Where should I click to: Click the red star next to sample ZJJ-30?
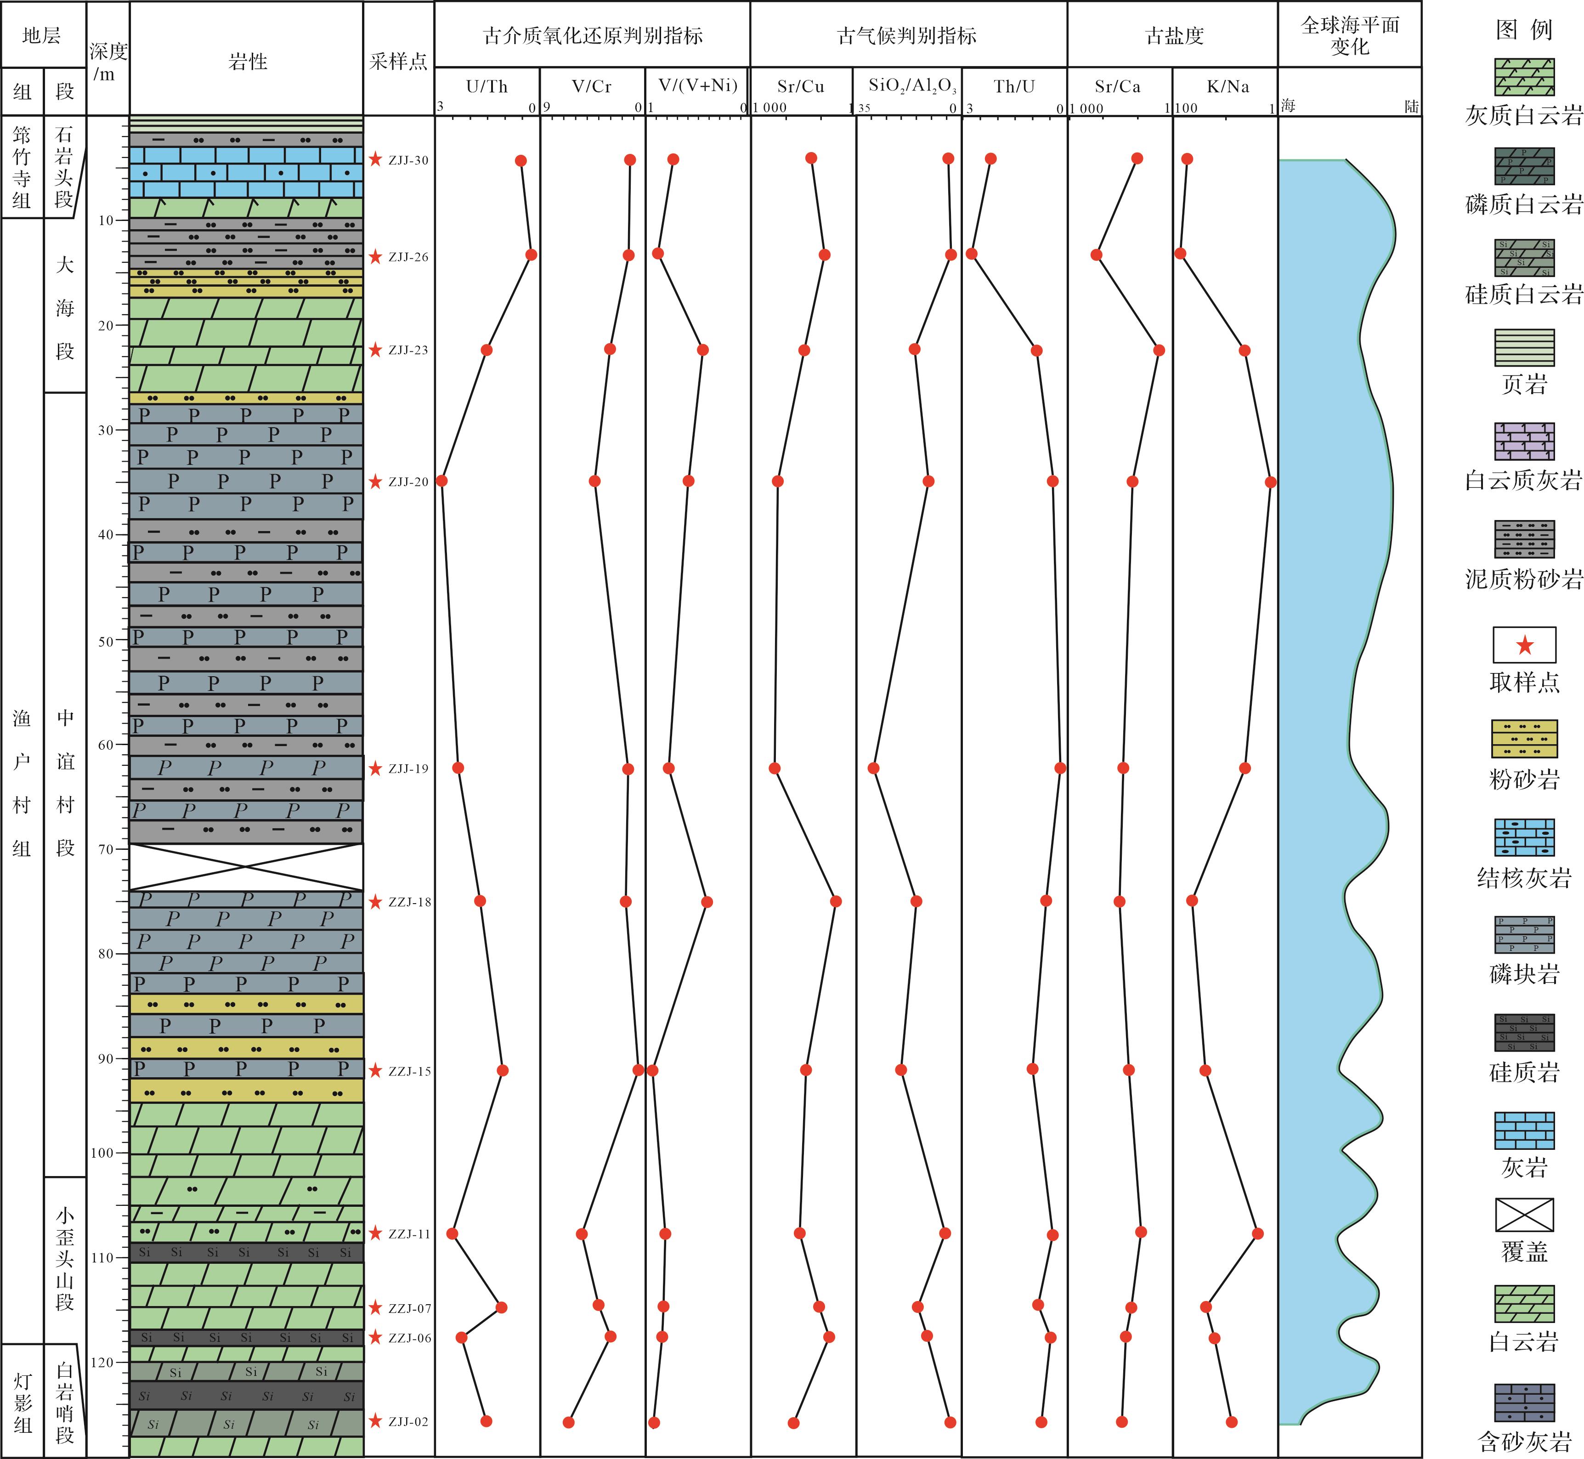pos(375,159)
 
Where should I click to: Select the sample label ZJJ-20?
pos(408,481)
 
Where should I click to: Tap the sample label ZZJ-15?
pos(410,1071)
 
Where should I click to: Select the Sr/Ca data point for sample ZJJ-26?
pos(1096,254)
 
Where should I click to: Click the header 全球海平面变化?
pos(1350,35)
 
